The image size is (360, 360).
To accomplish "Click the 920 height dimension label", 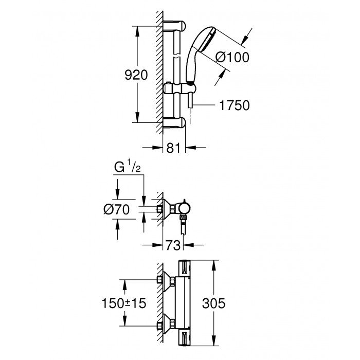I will point(137,75).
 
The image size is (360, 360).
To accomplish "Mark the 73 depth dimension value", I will point(174,246).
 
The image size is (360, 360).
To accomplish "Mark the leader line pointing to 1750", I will point(203,105).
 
